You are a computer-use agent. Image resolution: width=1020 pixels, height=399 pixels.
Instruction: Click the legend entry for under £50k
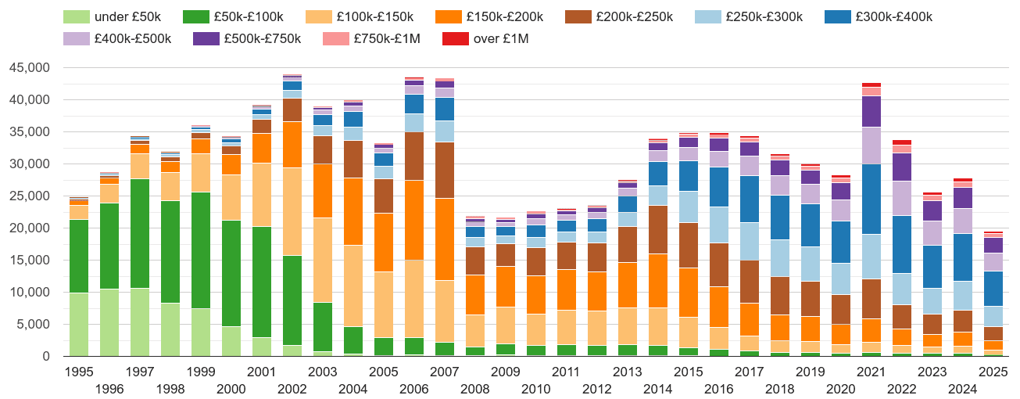pos(114,17)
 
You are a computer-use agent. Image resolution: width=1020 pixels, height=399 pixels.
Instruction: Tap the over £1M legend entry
pos(501,38)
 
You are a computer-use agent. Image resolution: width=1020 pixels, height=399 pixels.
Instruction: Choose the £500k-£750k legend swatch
pos(207,38)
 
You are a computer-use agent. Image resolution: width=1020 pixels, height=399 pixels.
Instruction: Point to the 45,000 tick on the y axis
pos(29,68)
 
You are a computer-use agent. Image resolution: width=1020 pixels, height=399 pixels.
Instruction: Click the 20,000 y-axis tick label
pos(29,228)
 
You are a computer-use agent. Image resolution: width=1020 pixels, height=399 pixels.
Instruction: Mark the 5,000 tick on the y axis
pos(32,325)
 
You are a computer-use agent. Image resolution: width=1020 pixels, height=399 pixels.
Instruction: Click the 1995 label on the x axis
pos(79,372)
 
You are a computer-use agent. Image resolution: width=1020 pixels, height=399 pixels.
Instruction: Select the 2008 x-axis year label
pos(475,389)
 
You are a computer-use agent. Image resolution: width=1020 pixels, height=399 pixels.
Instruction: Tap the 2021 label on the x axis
pos(871,372)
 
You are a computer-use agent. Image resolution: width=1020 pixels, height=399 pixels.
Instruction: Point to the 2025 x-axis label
pos(993,372)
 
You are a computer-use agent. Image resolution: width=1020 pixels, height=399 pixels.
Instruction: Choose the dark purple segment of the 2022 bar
pos(902,167)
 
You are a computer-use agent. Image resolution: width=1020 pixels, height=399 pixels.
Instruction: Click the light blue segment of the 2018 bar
pos(780,258)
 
